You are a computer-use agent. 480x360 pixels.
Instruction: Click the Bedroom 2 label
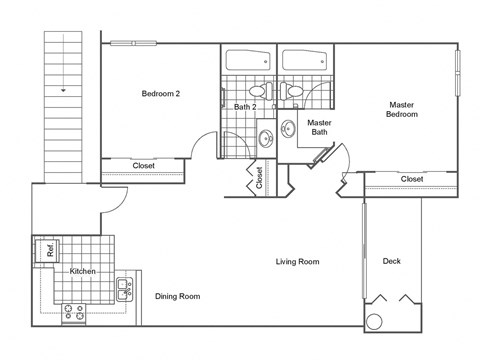(160, 94)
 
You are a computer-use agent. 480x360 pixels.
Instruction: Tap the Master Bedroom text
(401, 109)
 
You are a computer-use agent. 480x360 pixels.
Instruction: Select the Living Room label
(297, 262)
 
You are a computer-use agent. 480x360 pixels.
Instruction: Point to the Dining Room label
(177, 296)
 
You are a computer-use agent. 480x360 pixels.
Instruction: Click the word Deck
(392, 262)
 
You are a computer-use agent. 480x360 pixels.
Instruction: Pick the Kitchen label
(82, 272)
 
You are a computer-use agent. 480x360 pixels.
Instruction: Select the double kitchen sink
(124, 290)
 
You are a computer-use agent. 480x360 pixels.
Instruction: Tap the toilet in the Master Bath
(294, 92)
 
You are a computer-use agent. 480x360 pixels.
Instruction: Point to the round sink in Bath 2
(264, 138)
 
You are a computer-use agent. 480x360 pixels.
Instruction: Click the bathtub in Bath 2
(247, 60)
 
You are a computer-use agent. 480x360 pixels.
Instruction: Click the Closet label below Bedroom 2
(143, 166)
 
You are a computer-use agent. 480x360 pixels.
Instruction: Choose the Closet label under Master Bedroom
(411, 179)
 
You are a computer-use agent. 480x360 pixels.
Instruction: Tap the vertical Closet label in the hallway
(259, 178)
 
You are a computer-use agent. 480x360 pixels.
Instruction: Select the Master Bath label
(319, 128)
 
